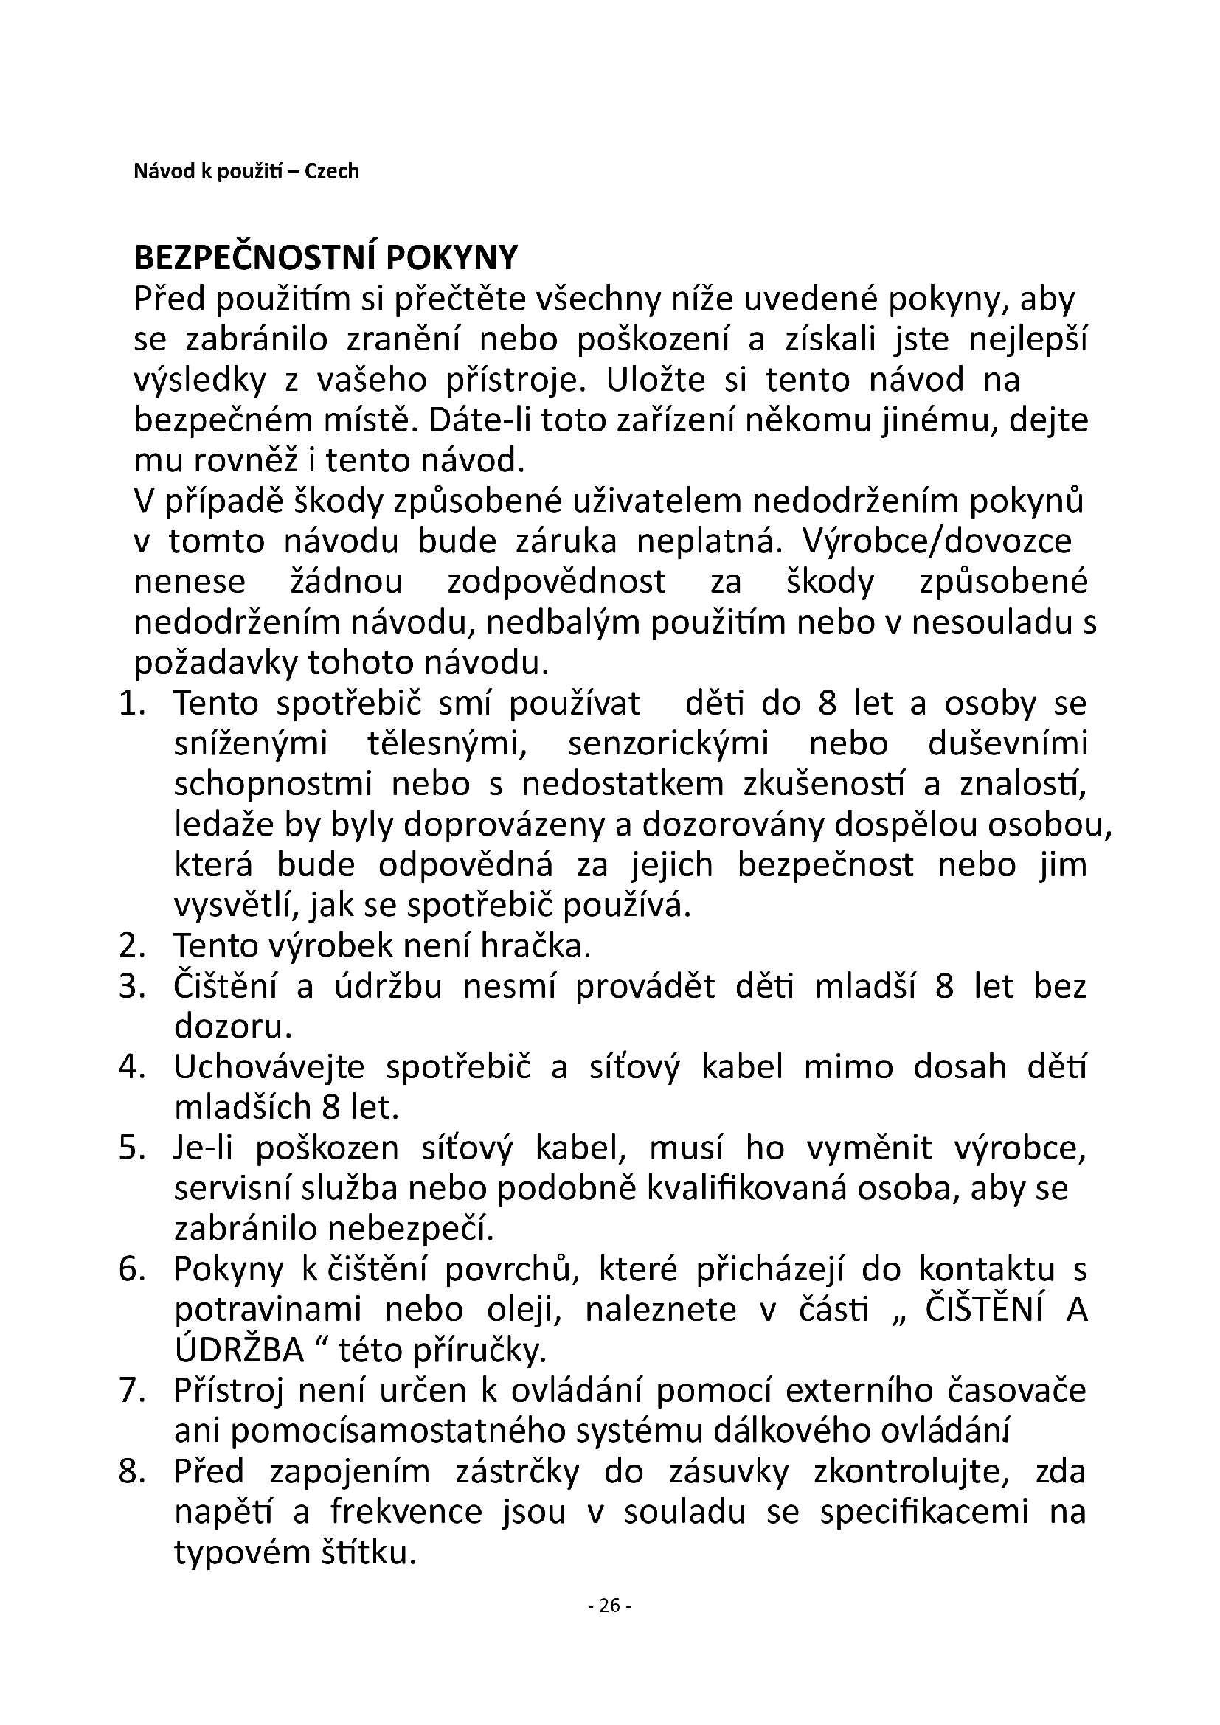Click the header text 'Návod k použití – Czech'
click(x=246, y=172)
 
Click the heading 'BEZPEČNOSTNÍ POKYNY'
click(x=325, y=258)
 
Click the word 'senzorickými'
click(x=668, y=744)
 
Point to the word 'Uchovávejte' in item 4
click(x=269, y=1068)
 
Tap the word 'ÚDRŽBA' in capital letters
click(x=239, y=1351)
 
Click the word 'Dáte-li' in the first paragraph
click(x=471, y=420)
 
